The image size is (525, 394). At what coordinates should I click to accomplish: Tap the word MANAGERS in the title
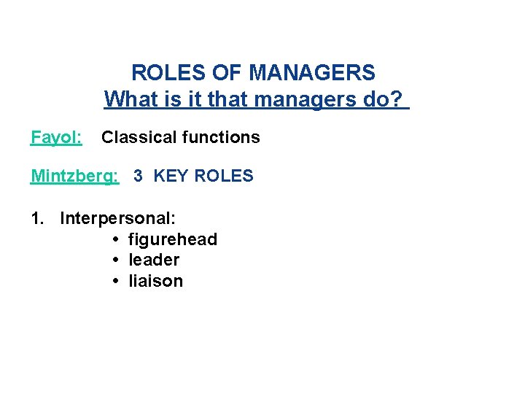pyautogui.click(x=312, y=73)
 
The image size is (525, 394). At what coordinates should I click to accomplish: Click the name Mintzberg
pyautogui.click(x=74, y=177)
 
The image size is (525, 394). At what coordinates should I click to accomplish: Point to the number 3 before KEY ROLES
pyautogui.click(x=138, y=176)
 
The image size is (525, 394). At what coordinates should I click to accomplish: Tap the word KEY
pyautogui.click(x=171, y=176)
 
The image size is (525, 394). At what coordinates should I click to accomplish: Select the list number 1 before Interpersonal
pyautogui.click(x=36, y=218)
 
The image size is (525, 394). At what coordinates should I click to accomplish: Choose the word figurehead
pyautogui.click(x=172, y=239)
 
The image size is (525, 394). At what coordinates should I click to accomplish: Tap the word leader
pyautogui.click(x=154, y=260)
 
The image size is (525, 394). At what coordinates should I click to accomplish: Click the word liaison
pyautogui.click(x=155, y=282)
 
